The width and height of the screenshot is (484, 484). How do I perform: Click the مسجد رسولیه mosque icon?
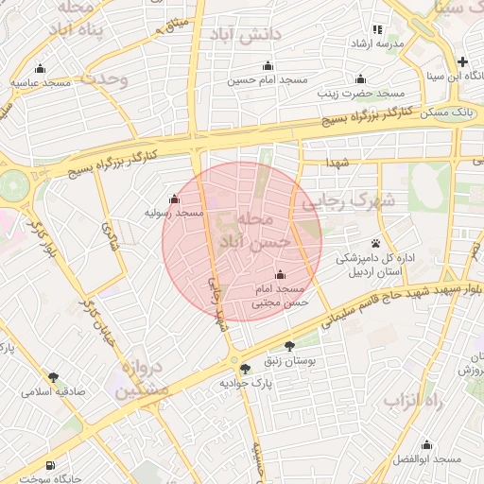click(173, 199)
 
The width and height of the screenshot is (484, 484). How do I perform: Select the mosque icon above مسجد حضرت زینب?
click(359, 78)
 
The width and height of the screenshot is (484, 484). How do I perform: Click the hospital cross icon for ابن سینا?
click(462, 61)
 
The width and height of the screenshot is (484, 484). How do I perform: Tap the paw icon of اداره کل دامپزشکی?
click(376, 243)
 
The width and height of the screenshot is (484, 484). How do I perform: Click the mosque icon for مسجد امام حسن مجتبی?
click(279, 274)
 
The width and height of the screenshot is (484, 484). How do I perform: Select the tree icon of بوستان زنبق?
click(288, 346)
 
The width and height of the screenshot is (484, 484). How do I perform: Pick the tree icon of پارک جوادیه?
click(246, 369)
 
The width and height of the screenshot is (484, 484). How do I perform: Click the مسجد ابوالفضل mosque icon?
click(426, 444)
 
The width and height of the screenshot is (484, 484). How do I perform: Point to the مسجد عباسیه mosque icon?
click(40, 69)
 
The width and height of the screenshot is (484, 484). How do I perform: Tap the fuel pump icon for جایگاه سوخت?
click(49, 465)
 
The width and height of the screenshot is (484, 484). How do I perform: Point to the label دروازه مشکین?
click(146, 379)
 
